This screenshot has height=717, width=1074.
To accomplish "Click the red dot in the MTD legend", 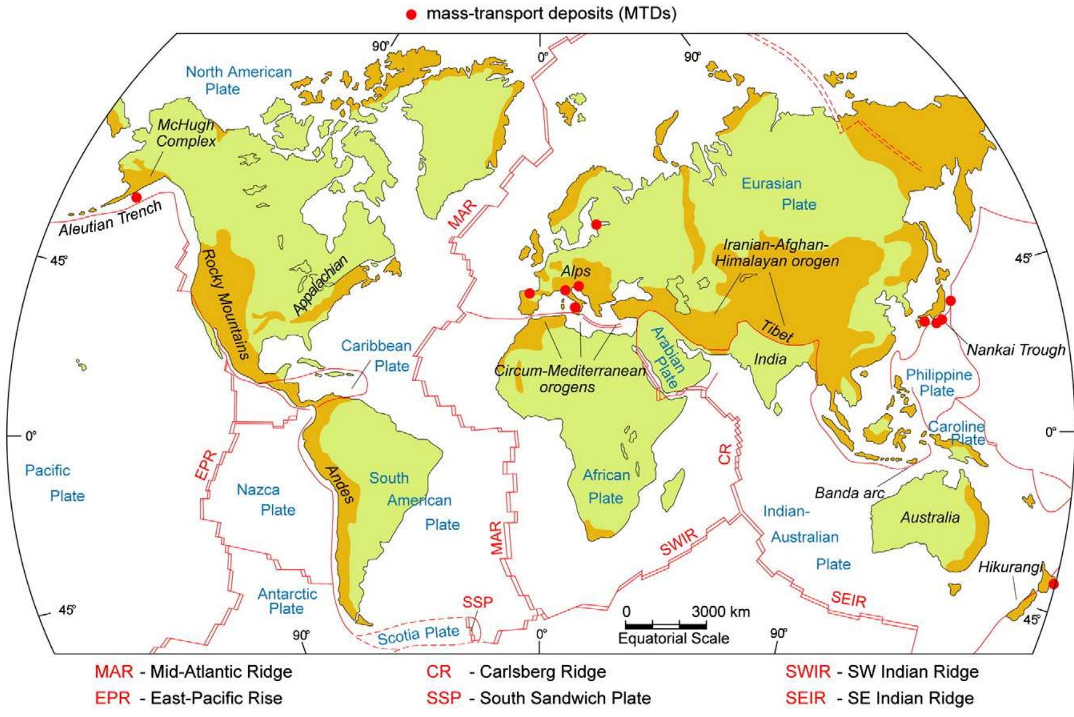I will click(411, 14).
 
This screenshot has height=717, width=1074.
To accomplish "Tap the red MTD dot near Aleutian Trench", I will click(137, 197).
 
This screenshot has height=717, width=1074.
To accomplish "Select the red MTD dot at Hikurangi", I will click(1053, 584).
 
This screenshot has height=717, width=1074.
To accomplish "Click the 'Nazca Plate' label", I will click(266, 499).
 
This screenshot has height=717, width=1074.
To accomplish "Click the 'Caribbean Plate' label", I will click(376, 356).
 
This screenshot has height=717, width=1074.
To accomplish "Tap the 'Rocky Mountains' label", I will click(225, 303).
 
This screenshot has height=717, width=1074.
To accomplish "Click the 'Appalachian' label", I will click(320, 285).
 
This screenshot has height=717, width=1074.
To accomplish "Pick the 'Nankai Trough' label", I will click(1016, 350).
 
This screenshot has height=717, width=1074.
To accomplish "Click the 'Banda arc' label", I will click(849, 493).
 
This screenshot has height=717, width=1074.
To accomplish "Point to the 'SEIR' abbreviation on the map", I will click(848, 599).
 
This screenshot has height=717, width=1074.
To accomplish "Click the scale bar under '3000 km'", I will click(666, 625).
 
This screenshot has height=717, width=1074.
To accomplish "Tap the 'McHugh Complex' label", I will click(186, 133).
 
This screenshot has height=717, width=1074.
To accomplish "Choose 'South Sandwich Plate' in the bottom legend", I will click(565, 698).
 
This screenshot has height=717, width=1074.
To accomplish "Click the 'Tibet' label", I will click(776, 332).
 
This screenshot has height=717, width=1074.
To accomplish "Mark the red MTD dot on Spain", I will click(529, 293).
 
